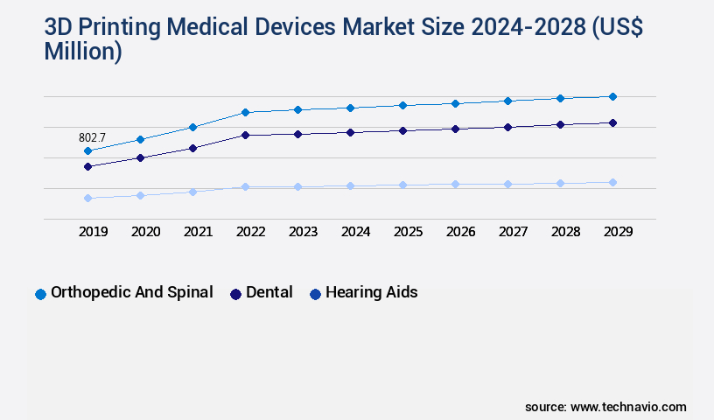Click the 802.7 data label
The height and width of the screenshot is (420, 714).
point(92,137)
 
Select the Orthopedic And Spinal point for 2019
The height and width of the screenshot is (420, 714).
point(87,151)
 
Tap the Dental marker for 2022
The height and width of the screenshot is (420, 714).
point(245,135)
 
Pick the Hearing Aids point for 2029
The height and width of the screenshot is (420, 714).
point(612,182)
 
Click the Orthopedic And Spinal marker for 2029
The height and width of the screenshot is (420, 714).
point(612,96)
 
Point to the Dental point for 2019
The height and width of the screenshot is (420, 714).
point(87,166)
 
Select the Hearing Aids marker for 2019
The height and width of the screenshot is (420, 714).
point(87,198)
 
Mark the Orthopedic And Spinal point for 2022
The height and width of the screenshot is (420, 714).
point(245,112)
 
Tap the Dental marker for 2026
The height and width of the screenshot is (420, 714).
point(455,129)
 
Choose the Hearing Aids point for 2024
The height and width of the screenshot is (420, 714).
point(350,185)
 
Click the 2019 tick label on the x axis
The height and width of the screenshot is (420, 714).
point(93,232)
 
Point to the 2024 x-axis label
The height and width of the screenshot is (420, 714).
point(355,232)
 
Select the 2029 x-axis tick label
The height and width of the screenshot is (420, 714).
point(618,232)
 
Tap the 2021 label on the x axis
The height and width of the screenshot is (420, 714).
point(198,232)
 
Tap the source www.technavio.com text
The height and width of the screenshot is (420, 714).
point(605,407)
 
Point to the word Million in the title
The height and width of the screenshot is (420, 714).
point(83,52)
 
